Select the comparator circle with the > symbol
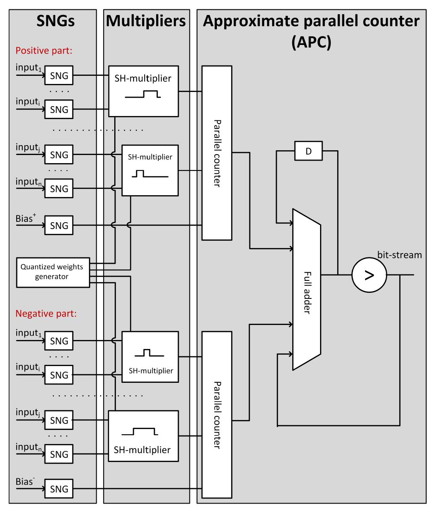pos(369,274)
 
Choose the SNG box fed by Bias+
pos(59,225)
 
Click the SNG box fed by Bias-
pos(59,488)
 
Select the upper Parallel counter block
pos(216,153)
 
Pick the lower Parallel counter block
pos(216,415)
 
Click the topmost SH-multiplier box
pos(143,91)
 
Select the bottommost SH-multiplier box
pos(143,436)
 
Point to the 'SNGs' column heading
pos(53,21)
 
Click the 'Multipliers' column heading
pos(146,21)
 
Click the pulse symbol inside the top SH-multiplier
pos(143,95)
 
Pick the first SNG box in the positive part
pos(59,76)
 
